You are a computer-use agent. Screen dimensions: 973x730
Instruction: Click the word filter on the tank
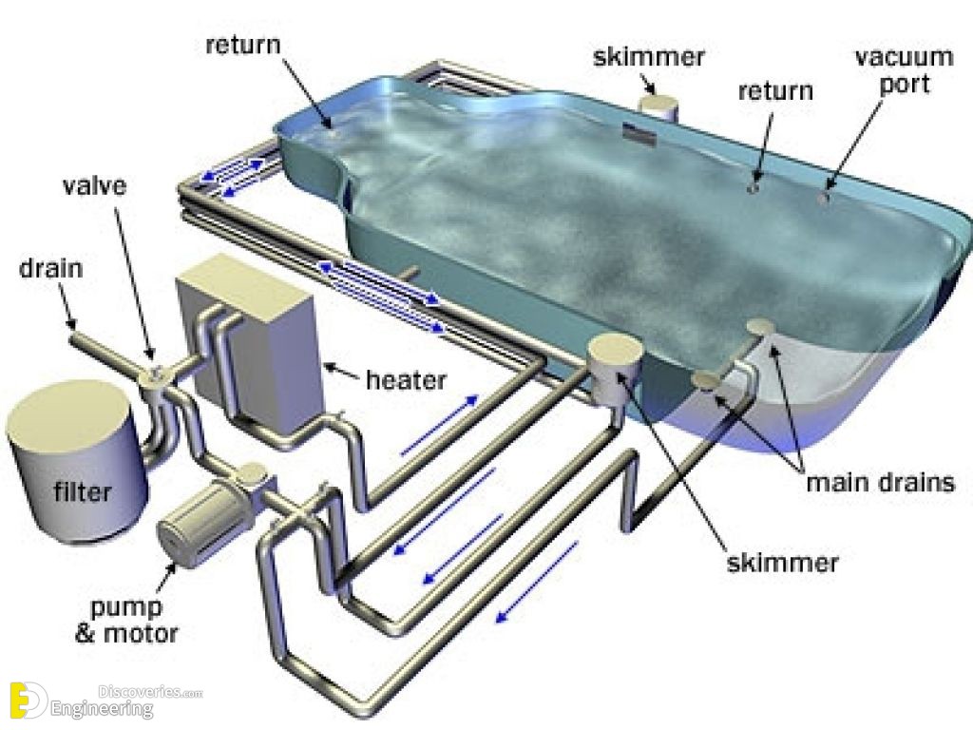point(82,491)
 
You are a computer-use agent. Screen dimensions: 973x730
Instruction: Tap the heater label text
point(406,380)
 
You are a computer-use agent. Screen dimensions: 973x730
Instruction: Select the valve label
point(95,185)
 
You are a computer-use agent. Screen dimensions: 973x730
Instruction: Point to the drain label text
point(51,268)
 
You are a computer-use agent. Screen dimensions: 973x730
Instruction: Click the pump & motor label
point(126,620)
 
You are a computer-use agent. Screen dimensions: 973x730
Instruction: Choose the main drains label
point(880,482)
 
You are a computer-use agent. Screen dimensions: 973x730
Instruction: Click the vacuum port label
point(905,70)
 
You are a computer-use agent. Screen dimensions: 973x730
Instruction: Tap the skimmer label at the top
point(648,56)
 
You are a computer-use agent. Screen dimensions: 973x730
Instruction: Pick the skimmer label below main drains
point(783,563)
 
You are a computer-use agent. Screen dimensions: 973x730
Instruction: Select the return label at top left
point(243,45)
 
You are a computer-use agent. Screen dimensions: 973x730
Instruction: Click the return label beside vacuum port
point(775,91)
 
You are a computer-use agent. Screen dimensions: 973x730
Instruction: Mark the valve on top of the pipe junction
point(156,374)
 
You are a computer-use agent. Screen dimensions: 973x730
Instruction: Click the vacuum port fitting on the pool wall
point(825,198)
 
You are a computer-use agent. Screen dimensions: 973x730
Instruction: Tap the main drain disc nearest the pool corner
point(761,327)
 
